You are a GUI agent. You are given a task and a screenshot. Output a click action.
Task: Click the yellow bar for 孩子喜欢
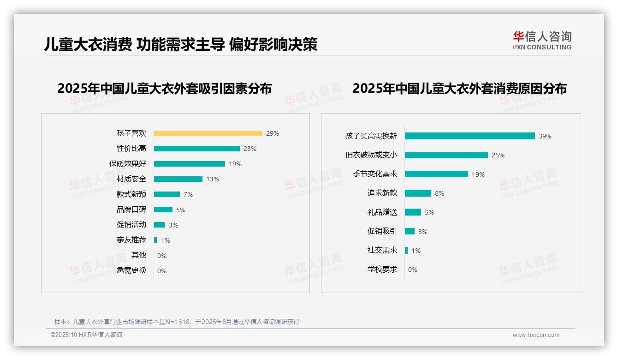[x=208, y=133]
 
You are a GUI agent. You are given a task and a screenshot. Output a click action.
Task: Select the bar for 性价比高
[x=197, y=149]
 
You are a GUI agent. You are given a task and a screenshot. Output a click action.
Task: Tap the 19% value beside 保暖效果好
[x=235, y=164]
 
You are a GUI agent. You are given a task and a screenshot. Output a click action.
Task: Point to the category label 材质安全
[x=131, y=179]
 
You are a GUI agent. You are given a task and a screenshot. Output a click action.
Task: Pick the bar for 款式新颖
[x=167, y=194]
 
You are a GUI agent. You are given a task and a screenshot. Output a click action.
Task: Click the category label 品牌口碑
[x=131, y=210]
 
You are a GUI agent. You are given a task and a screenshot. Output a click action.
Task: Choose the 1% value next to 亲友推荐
[x=166, y=240]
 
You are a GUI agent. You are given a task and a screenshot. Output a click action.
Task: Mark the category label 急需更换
[x=131, y=270]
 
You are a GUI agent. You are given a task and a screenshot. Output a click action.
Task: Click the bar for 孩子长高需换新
[x=470, y=136]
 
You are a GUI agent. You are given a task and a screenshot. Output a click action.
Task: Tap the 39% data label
[x=545, y=136]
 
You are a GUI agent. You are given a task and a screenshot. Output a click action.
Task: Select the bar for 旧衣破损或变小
[x=446, y=155]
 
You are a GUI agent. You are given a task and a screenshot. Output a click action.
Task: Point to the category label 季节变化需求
[x=375, y=174]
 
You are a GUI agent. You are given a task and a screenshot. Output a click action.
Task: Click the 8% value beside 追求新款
[x=440, y=193]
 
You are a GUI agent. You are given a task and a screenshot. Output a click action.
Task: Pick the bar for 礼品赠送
[x=413, y=212]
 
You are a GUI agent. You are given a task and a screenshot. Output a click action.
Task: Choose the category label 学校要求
[x=382, y=270]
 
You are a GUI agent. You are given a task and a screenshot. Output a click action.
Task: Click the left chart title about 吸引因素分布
[x=165, y=88]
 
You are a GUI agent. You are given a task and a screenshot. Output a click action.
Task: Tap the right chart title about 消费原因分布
[x=459, y=88]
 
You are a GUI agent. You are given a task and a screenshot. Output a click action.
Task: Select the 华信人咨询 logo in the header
[x=542, y=40]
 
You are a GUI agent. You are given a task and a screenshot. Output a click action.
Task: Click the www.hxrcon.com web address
[x=536, y=335]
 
